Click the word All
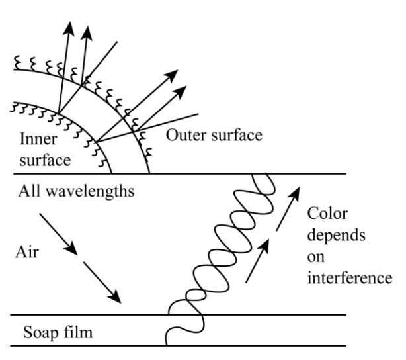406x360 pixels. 29,192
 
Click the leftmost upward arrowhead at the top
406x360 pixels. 67,30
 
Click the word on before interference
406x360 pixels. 315,257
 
